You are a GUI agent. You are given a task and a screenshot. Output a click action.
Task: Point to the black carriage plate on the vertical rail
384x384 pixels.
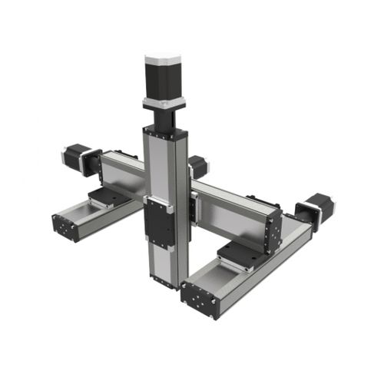[x=161, y=223]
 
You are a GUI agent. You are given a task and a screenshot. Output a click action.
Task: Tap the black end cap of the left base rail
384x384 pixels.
[x=65, y=226]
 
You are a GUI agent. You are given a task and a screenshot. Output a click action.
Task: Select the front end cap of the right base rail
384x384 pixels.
[x=201, y=299]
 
